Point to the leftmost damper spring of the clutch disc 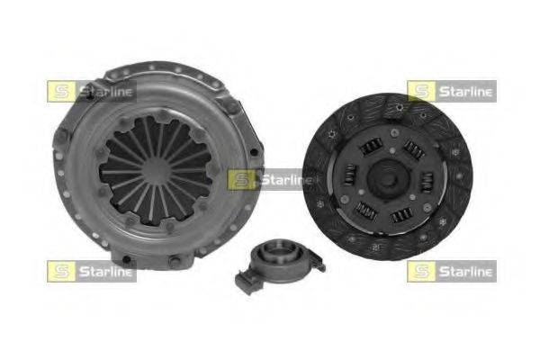click(348, 180)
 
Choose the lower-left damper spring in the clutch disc click(365, 211)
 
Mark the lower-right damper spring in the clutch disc click(404, 213)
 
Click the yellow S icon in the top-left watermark click(60, 91)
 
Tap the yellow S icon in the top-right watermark click(420, 91)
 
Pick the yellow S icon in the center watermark click(240, 180)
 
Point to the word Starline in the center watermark click(282, 180)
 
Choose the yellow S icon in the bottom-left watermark click(60, 271)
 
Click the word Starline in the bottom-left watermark click(103, 271)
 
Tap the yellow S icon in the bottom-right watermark click(420, 271)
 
